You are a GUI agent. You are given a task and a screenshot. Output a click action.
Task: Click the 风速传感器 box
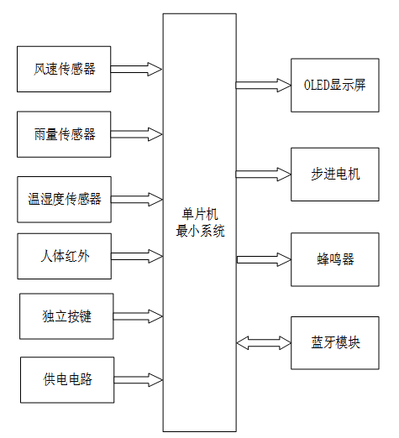click(65, 69)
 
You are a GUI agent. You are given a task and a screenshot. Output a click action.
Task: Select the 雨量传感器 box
click(65, 134)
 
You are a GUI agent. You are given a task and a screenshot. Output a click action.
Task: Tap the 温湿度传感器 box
click(65, 200)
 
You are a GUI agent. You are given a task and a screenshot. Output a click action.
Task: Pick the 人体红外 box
click(65, 256)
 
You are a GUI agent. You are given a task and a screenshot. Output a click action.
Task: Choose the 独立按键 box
click(66, 316)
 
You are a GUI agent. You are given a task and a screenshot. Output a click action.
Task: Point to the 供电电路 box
click(66, 379)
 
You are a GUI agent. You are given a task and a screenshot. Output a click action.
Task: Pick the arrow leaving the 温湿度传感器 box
click(136, 200)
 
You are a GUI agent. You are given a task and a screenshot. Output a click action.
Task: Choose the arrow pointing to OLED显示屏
click(263, 85)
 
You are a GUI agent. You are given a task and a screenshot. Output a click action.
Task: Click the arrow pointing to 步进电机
click(263, 174)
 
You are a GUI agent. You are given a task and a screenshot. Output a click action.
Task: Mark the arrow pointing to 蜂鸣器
click(263, 259)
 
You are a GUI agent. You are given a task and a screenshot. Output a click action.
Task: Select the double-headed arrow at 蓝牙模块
click(263, 342)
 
